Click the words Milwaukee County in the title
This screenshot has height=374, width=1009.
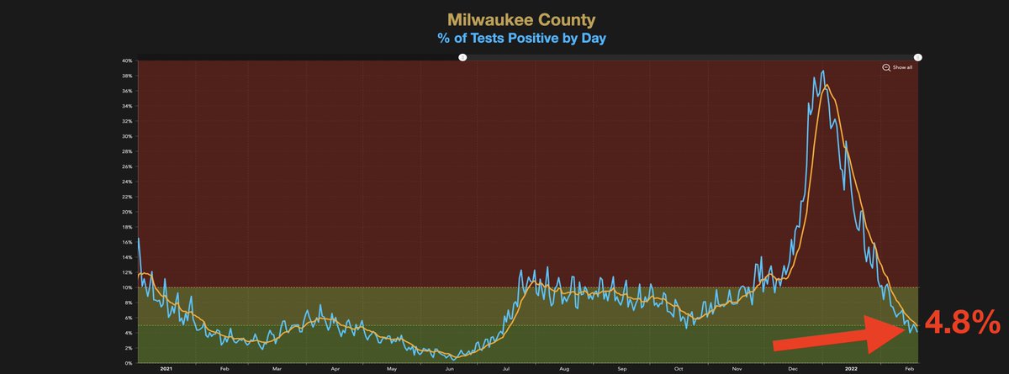point(504,18)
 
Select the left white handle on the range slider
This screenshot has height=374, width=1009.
point(462,57)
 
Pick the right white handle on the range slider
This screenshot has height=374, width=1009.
point(917,57)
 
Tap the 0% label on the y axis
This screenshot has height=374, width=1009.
point(129,363)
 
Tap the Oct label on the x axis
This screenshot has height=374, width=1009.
point(679,369)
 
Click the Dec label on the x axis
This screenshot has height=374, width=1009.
point(794,369)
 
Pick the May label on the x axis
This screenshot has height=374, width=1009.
point(391,369)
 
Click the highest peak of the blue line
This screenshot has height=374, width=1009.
point(822,71)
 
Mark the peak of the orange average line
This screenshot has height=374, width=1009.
point(827,86)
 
